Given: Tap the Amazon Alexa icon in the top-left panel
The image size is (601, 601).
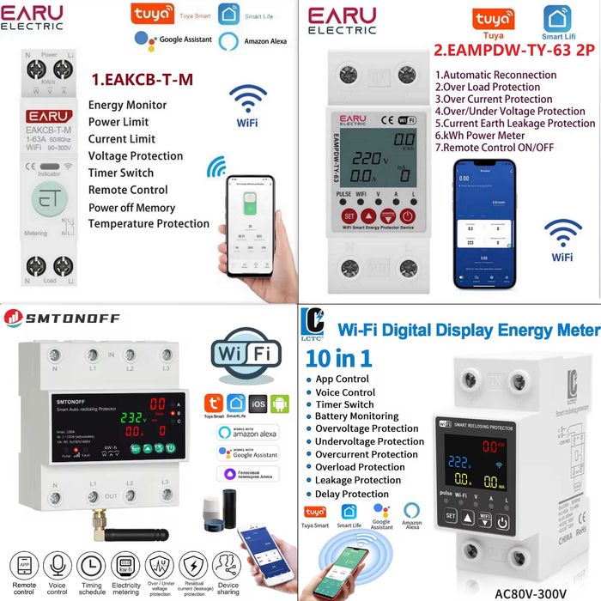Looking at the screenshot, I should point(228,40).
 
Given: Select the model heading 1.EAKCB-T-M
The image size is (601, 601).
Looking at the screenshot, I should point(142,80).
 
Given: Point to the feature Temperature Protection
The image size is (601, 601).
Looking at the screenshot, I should point(149,223).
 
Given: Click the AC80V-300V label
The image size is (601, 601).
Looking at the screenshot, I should point(531,592).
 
